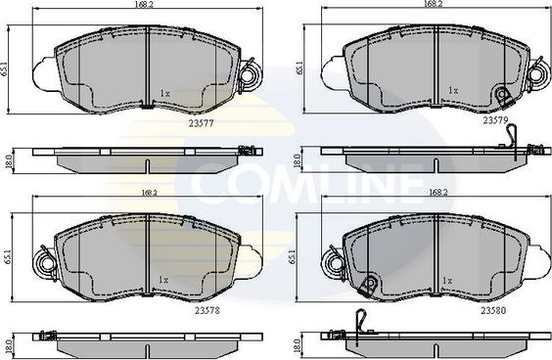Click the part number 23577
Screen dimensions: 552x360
point(202,123)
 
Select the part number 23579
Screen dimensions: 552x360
point(495,120)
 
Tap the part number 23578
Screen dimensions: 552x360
point(207,311)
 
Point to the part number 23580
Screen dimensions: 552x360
point(493,311)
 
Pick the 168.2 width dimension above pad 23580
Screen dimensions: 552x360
point(437,193)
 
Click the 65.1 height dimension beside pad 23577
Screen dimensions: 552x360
point(4,69)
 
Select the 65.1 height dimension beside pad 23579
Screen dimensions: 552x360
point(299,67)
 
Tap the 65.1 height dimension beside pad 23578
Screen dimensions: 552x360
point(9,257)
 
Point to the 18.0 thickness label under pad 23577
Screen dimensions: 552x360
point(9,162)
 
